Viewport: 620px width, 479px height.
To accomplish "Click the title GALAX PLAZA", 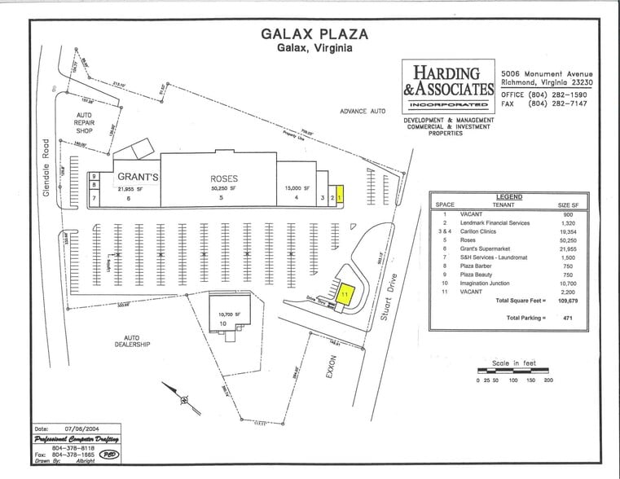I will (x=314, y=33).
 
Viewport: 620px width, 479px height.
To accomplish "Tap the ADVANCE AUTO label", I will (x=363, y=110).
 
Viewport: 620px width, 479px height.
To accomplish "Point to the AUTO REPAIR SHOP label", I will (x=85, y=123).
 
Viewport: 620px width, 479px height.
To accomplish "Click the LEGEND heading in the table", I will (x=508, y=197).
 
